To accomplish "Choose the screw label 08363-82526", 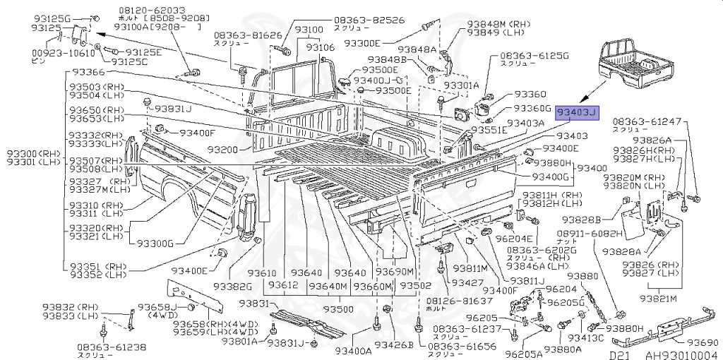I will coord(369,20).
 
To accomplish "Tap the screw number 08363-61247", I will coord(647,121).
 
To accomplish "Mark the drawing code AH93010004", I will coord(679,355).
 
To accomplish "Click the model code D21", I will coord(619,355).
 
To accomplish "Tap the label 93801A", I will coord(244,342).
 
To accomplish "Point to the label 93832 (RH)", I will coord(70,307).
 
